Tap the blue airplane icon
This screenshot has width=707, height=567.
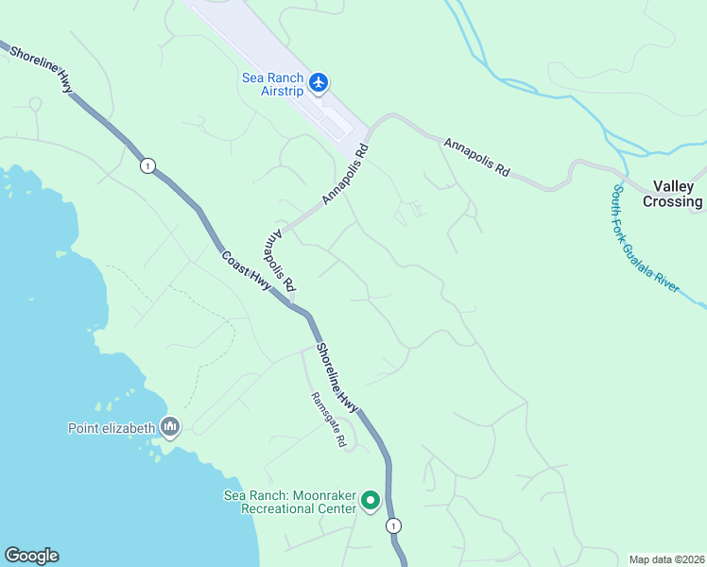(x=319, y=83)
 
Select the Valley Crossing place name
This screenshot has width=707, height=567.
(x=673, y=194)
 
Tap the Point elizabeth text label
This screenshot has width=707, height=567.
(x=111, y=428)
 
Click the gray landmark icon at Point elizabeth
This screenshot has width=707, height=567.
(x=170, y=428)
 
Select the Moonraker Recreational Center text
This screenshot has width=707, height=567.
(x=289, y=502)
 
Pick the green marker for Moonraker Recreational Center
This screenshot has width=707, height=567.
(x=371, y=500)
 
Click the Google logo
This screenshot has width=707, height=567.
(x=31, y=556)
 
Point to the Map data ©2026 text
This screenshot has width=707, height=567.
(x=667, y=559)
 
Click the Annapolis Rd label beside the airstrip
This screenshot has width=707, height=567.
(x=344, y=175)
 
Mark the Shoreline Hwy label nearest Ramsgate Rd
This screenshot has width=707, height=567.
(x=337, y=377)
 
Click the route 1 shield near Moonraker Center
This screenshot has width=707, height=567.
(x=393, y=525)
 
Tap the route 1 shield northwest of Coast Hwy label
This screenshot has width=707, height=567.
(x=147, y=166)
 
